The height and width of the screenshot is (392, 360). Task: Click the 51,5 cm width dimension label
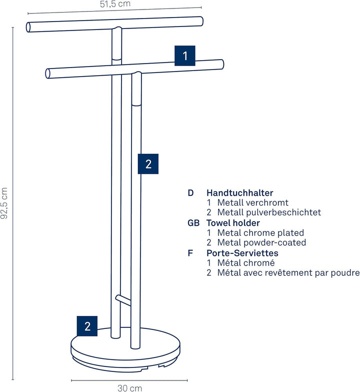pyautogui.click(x=115, y=4)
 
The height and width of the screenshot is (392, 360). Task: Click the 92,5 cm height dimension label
pyautogui.click(x=4, y=203)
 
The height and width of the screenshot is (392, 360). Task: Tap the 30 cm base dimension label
pyautogui.click(x=130, y=388)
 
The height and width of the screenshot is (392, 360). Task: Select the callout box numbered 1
pyautogui.click(x=184, y=56)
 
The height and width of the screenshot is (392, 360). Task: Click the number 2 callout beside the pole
pyautogui.click(x=148, y=164)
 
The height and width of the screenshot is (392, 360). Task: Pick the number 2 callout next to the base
pyautogui.click(x=87, y=326)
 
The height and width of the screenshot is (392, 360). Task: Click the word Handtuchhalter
pyautogui.click(x=239, y=193)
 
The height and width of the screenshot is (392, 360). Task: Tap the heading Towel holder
pyautogui.click(x=233, y=223)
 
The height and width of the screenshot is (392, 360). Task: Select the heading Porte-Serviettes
pyautogui.click(x=242, y=253)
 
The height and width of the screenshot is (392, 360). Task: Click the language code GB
pyautogui.click(x=193, y=223)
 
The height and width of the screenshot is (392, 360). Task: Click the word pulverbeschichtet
pyautogui.click(x=283, y=212)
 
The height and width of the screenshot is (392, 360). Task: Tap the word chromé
pyautogui.click(x=260, y=263)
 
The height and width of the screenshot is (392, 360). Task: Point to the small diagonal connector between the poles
pyautogui.click(x=123, y=300)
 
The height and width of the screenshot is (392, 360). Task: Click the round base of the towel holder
pyautogui.click(x=125, y=350)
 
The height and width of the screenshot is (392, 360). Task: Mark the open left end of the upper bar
pyautogui.click(x=28, y=27)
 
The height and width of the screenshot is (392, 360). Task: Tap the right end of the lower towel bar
pyautogui.click(x=221, y=64)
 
